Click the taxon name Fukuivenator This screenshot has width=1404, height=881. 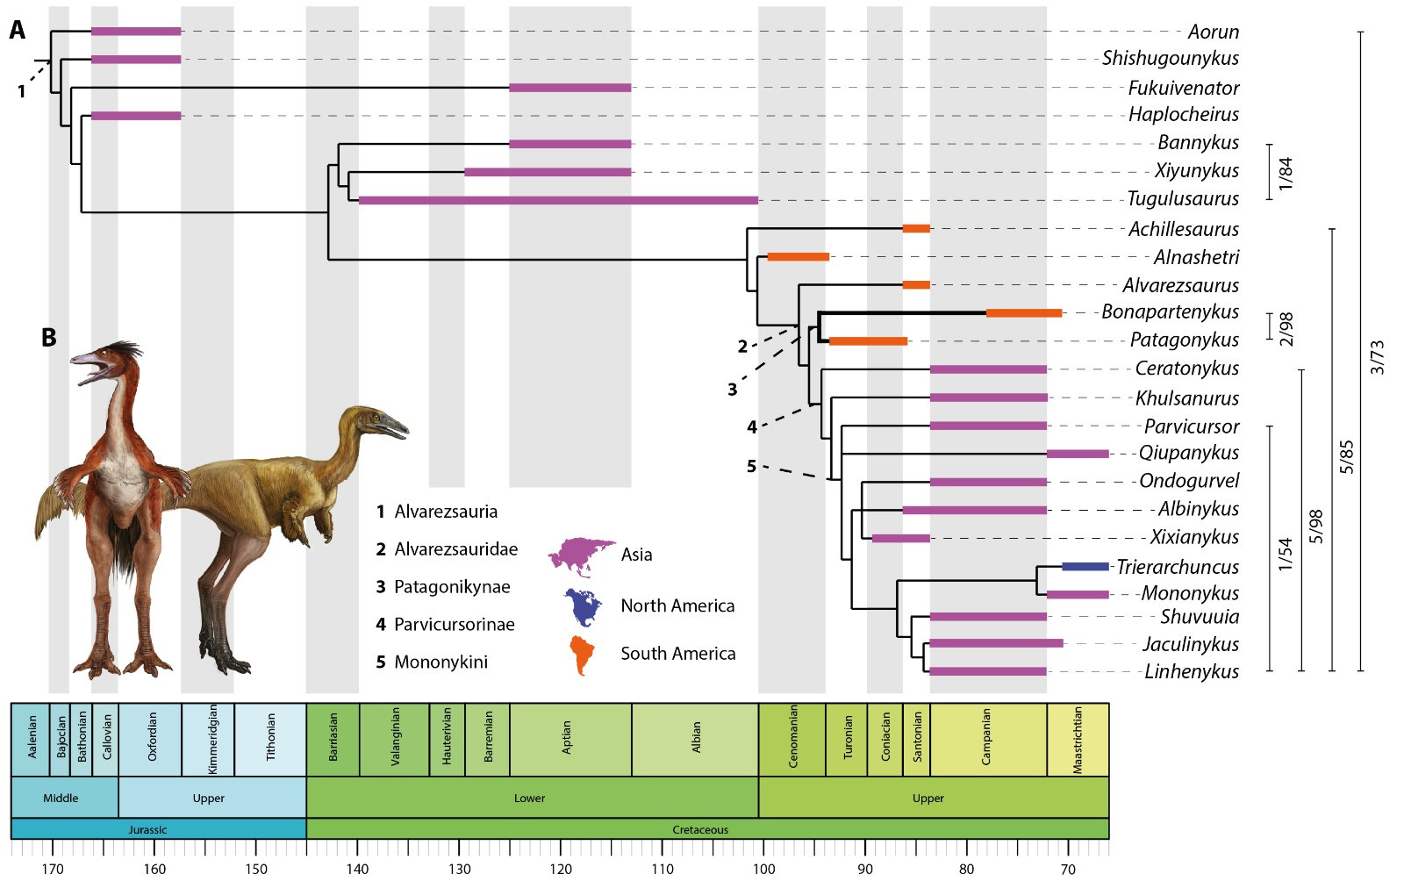[1183, 88]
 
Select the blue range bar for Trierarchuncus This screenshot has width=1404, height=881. [1085, 567]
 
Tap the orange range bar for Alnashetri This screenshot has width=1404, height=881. [798, 257]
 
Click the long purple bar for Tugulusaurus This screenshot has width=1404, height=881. [558, 200]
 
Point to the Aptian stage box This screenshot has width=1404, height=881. [569, 739]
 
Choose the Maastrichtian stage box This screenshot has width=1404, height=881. [1078, 739]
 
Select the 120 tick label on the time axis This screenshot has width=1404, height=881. [561, 869]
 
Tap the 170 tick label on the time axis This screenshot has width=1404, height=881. [53, 869]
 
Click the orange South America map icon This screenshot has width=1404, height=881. [582, 655]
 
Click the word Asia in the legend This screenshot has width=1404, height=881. [636, 555]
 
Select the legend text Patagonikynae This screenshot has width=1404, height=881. [451, 587]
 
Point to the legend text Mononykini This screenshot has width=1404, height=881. [440, 663]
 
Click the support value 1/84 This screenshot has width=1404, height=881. [1286, 173]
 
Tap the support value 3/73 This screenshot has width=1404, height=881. [1377, 356]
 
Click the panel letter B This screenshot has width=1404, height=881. [49, 337]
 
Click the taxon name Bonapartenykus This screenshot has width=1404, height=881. [1170, 312]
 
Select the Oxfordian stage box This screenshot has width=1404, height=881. [150, 739]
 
